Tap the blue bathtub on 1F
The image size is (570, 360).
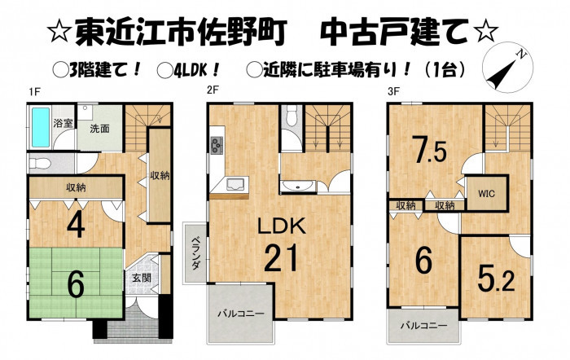pyautogui.click(x=41, y=127)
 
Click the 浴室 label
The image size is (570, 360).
pyautogui.click(x=63, y=123)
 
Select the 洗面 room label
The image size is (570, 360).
pyautogui.click(x=99, y=129)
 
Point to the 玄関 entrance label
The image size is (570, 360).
pyautogui.click(x=142, y=279)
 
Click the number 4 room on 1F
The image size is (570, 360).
pyautogui.click(x=76, y=226)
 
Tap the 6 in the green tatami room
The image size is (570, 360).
pyautogui.click(x=76, y=284)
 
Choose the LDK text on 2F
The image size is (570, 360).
pyautogui.click(x=282, y=226)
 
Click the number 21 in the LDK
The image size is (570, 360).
pyautogui.click(x=281, y=258)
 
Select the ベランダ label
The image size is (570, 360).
pyautogui.click(x=195, y=252)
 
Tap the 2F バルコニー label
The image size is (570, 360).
pyautogui.click(x=241, y=314)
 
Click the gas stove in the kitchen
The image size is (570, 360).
pyautogui.click(x=217, y=145)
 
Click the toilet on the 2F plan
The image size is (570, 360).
pyautogui.click(x=292, y=116)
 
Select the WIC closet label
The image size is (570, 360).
pyautogui.click(x=486, y=194)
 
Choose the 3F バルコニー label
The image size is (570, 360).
pyautogui.click(x=424, y=326)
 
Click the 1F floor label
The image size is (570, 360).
pyautogui.click(x=34, y=92)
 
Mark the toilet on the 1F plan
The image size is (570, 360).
pyautogui.click(x=40, y=163)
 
